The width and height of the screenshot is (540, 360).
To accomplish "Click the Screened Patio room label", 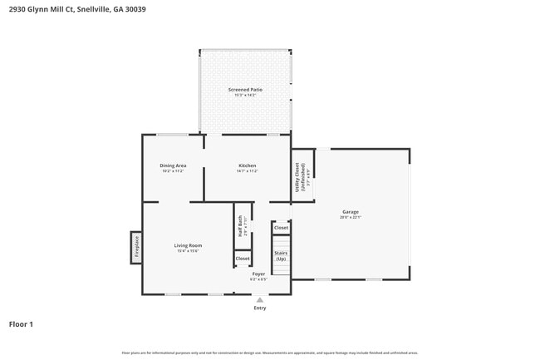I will tap(245, 89).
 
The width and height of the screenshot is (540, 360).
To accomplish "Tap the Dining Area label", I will tap(173, 165).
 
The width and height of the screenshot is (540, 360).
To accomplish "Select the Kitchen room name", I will tap(248, 165).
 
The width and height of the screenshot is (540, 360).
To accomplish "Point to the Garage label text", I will tap(351, 212).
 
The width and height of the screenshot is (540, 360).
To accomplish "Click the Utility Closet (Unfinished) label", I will tap(299, 177).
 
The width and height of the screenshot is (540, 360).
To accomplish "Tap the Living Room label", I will tap(188, 245).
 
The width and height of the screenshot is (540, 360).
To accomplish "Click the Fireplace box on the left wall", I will tap(136, 247).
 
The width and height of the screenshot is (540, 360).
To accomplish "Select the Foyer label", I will tap(259, 274).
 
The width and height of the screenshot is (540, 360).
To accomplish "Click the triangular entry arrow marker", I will tap(260, 299).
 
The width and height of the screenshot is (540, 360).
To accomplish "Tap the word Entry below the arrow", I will tap(260, 308).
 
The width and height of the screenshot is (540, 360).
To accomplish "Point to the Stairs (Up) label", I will tap(281, 255).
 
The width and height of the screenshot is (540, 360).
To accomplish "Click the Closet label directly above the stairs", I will tap(281, 227).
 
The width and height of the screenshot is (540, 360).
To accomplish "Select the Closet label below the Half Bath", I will tap(243, 259).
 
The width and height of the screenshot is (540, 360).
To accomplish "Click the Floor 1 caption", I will tap(21, 324).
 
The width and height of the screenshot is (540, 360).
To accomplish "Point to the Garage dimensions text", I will tap(351, 217).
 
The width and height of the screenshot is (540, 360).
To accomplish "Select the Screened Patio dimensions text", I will tap(245, 95).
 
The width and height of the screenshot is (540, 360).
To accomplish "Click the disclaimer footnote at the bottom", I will tap(270, 353).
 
